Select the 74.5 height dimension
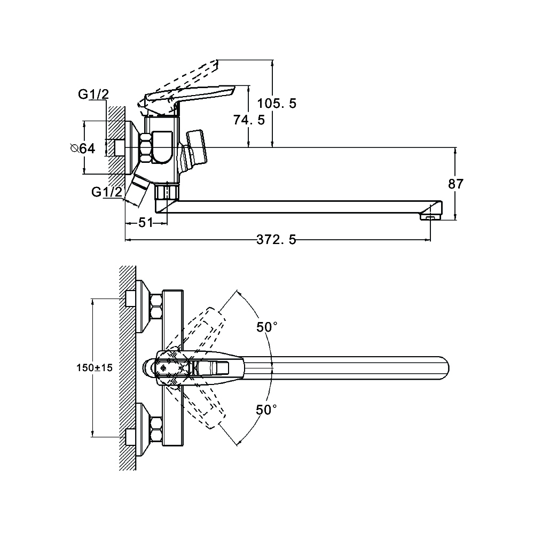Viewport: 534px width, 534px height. [249, 120]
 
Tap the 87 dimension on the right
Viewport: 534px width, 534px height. [456, 184]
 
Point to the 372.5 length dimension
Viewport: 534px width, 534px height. [277, 241]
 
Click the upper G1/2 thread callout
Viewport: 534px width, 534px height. [93, 95]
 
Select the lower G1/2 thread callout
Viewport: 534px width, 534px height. [106, 192]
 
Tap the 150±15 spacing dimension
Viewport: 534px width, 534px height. [95, 367]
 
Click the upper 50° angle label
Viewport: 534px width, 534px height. [267, 328]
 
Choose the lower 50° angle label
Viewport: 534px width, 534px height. [267, 410]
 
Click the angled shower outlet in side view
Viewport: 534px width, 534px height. [140, 189]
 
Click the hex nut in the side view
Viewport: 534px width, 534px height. [146, 148]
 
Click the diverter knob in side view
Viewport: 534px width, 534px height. [195, 147]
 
